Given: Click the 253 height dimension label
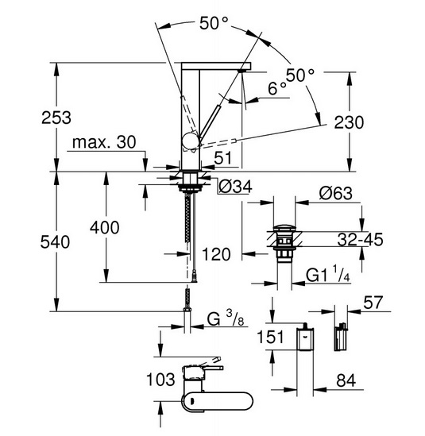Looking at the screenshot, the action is [56, 118].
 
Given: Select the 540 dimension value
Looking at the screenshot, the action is [55, 242].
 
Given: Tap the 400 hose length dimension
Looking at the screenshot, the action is [105, 227].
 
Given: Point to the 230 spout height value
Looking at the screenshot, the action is [349, 122].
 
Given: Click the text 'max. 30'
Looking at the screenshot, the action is [104, 142].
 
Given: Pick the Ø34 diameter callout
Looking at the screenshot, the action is [235, 187].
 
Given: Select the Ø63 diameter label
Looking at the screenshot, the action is [336, 193].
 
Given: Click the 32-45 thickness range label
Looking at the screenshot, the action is [360, 239].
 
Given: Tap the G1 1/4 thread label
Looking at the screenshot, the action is [328, 274].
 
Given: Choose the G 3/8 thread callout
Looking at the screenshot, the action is [226, 318].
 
